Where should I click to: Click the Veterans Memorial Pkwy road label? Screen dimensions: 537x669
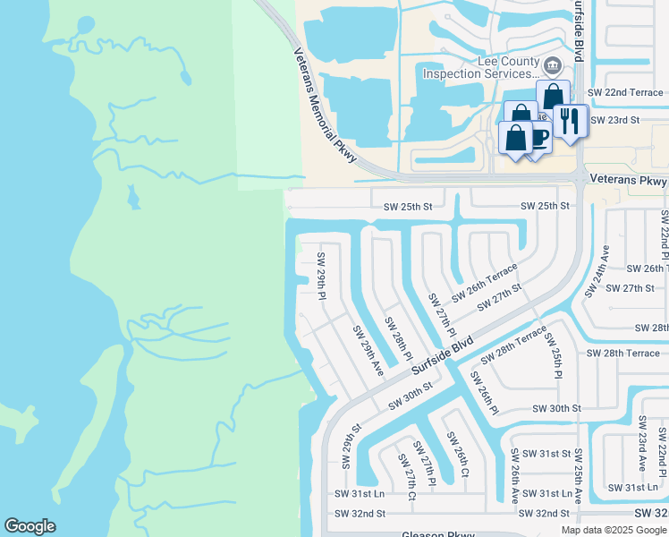pyautogui.click(x=325, y=107)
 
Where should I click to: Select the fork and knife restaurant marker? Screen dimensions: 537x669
pyautogui.click(x=569, y=121)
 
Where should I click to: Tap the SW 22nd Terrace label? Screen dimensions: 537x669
pyautogui.click(x=625, y=92)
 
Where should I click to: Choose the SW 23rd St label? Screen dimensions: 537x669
pyautogui.click(x=616, y=120)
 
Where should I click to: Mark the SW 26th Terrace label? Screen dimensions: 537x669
pyautogui.click(x=484, y=283)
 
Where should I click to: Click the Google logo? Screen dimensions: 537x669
pyautogui.click(x=30, y=526)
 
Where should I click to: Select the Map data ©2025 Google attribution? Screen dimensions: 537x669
pyautogui.click(x=613, y=530)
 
